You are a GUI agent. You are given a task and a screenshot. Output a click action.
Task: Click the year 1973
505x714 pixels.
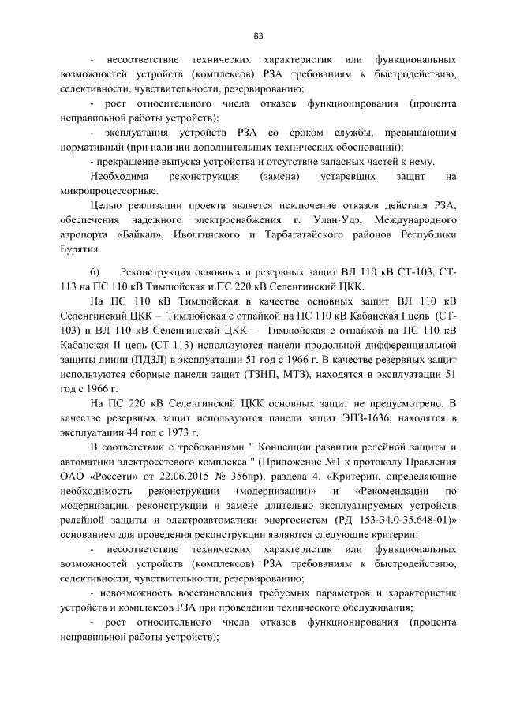point(175,432)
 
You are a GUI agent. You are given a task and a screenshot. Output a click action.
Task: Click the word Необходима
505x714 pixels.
point(118,177)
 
